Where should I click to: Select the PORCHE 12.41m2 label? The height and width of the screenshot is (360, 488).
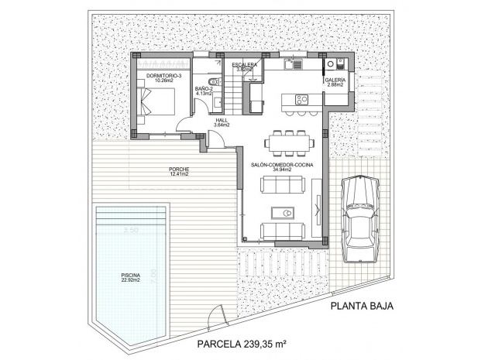(179, 172)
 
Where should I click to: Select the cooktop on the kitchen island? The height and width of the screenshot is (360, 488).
(301, 99)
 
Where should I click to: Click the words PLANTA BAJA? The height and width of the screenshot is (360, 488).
(362, 307)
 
